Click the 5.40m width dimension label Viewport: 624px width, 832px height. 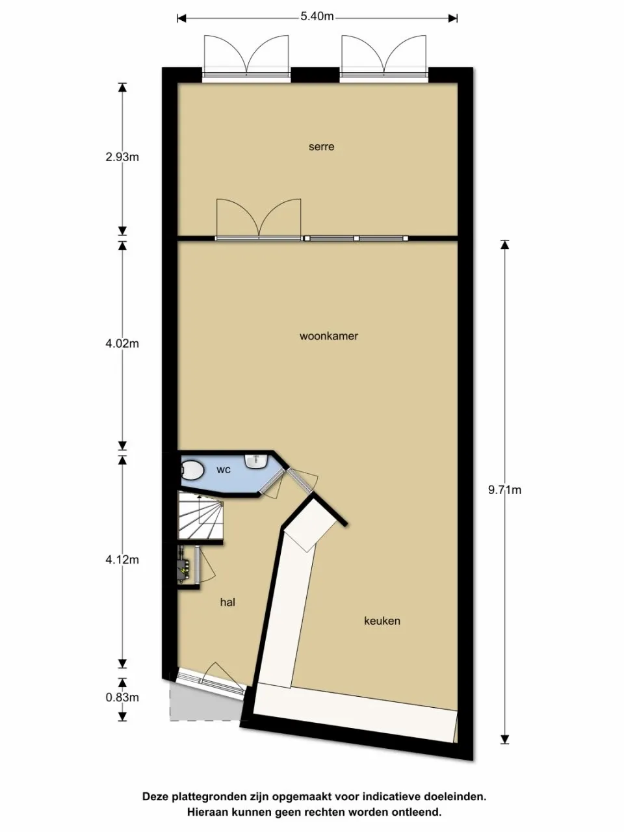[317, 17]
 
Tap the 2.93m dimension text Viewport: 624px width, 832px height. [122, 157]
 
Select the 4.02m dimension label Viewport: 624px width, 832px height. [122, 343]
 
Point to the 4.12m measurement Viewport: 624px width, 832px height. [122, 560]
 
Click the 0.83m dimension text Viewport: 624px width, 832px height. [122, 697]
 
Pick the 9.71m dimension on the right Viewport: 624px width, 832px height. [504, 490]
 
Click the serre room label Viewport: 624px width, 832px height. [321, 147]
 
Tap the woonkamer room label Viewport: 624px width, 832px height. [328, 336]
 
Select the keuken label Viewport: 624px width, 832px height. [382, 621]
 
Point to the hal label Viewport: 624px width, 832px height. [227, 602]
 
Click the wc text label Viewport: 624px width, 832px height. [224, 470]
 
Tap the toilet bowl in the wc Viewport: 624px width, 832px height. [192, 471]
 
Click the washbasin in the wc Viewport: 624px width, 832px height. [257, 461]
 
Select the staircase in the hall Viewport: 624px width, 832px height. [201, 516]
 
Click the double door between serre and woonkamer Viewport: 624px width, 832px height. [259, 219]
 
